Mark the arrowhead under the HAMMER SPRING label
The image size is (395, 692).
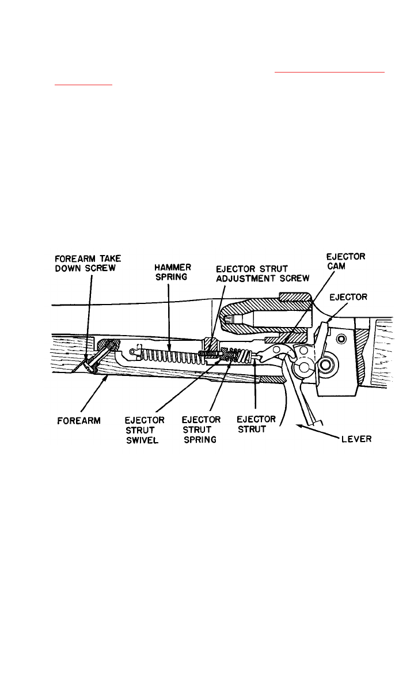tap(169, 347)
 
